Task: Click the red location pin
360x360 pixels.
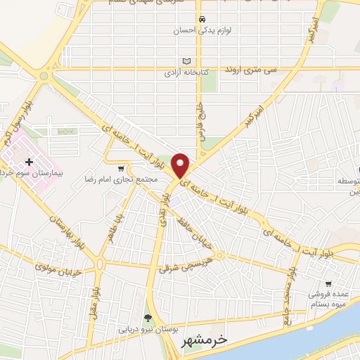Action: (181, 165)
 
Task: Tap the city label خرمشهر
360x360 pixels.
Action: (205, 340)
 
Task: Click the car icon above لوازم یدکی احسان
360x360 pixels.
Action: (202, 19)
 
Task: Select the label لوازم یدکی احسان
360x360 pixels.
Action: (202, 30)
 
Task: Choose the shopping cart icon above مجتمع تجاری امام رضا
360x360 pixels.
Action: (122, 168)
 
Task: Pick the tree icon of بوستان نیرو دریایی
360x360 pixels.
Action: (148, 318)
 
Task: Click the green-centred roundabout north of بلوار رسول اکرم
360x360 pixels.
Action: (44, 76)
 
